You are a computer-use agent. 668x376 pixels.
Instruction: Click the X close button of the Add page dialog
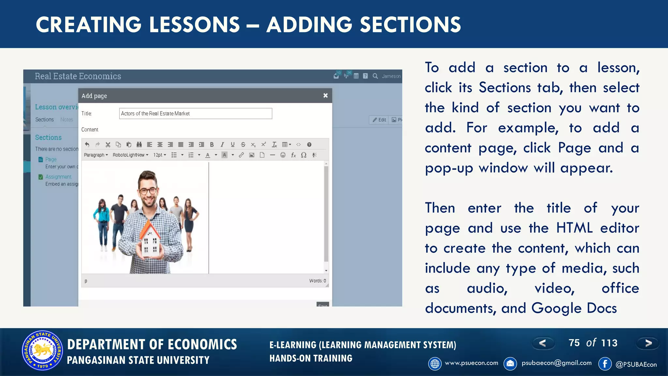click(x=325, y=96)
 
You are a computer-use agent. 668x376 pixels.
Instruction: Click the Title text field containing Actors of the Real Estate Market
click(x=195, y=114)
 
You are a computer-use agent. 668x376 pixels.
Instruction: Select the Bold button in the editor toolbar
click(x=212, y=145)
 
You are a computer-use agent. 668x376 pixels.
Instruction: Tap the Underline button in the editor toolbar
click(x=233, y=145)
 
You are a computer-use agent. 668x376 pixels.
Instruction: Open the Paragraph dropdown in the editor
click(x=96, y=155)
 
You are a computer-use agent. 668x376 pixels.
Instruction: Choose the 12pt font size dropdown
click(x=160, y=155)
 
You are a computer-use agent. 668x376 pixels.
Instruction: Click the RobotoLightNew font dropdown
click(x=130, y=155)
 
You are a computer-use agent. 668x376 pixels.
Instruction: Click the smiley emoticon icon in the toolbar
click(x=283, y=155)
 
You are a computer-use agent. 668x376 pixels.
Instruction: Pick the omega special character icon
click(x=304, y=155)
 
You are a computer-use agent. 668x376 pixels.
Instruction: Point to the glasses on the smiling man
click(x=148, y=191)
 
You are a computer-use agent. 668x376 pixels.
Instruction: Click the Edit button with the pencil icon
click(x=379, y=120)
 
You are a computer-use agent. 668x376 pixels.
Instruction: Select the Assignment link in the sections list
click(x=58, y=177)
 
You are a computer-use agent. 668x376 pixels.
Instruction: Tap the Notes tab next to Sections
click(x=67, y=119)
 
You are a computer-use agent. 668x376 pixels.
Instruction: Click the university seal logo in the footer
click(x=42, y=351)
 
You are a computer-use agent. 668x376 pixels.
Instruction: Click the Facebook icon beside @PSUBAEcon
click(x=605, y=364)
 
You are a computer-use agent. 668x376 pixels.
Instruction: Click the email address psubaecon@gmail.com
click(x=556, y=363)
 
